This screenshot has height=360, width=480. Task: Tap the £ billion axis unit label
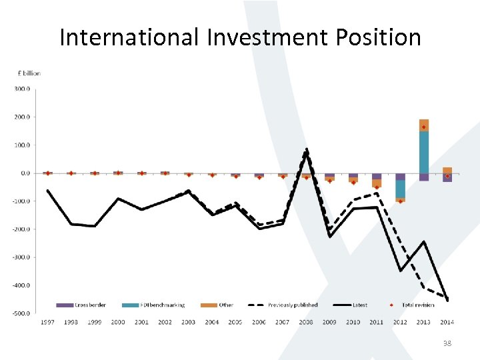29,73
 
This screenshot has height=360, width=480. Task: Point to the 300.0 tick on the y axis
22,89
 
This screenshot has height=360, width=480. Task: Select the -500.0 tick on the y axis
21,313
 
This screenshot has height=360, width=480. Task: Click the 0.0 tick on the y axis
25,173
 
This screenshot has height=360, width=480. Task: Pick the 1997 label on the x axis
48,322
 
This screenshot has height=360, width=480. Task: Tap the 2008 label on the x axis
306,322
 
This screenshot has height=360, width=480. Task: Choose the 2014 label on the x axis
447,322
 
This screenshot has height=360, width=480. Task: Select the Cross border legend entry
89,305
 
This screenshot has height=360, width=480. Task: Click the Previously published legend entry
293,305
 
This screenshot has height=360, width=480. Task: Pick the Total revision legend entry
417,305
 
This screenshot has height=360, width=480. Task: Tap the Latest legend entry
359,305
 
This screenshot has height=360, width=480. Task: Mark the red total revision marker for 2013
423,127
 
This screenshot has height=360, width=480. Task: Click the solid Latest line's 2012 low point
400,270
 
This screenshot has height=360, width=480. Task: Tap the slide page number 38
447,343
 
